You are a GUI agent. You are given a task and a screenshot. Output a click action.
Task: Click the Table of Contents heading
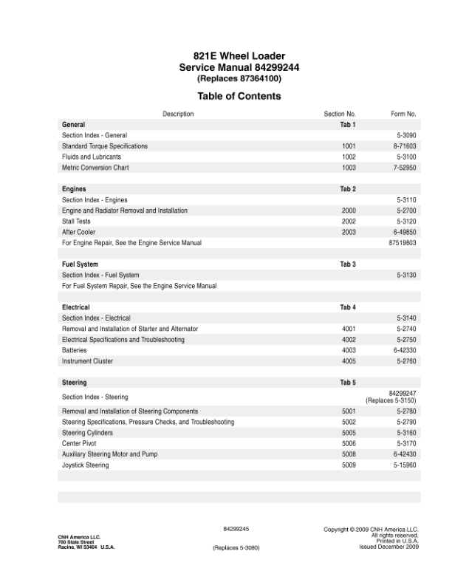tap(239, 96)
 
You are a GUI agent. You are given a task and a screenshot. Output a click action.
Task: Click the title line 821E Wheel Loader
tap(239, 56)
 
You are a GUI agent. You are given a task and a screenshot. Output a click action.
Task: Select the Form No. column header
tap(403, 114)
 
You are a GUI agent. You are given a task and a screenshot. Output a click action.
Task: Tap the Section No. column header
tap(340, 114)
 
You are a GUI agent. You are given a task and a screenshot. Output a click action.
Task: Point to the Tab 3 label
tap(348, 264)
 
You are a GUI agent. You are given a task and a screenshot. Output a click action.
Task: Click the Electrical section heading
tap(76, 307)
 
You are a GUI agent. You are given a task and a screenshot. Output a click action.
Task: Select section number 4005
tap(349, 361)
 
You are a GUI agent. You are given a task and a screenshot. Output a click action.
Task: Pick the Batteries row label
tap(75, 350)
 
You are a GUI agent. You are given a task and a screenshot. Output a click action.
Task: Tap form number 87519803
tap(403, 242)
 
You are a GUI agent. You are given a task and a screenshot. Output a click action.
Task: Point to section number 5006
tap(349, 444)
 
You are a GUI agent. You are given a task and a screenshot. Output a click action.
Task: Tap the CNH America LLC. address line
tap(80, 536)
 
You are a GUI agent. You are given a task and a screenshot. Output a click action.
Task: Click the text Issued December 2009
tap(388, 547)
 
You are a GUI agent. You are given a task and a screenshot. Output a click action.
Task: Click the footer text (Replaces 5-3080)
tap(236, 548)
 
